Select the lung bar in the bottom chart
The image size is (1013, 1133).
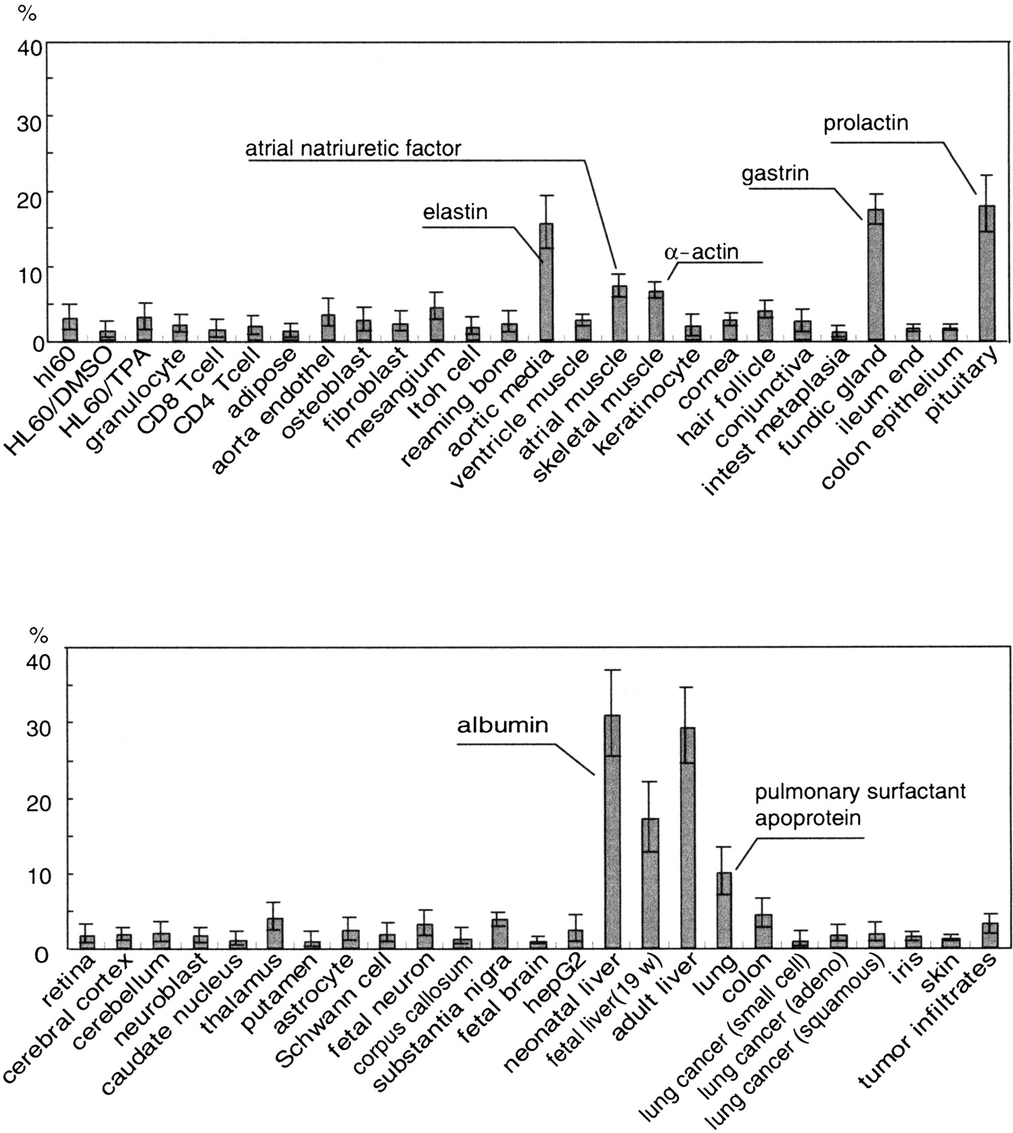tap(724, 910)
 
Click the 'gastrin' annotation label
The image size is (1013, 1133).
tap(775, 174)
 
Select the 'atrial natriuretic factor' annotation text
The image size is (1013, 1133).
tap(353, 148)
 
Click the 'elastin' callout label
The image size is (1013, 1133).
tap(455, 212)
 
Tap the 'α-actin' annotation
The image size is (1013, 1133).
tap(701, 252)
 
